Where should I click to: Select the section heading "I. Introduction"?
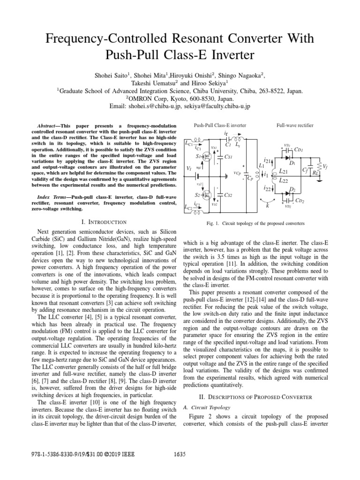[x=104, y=222]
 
